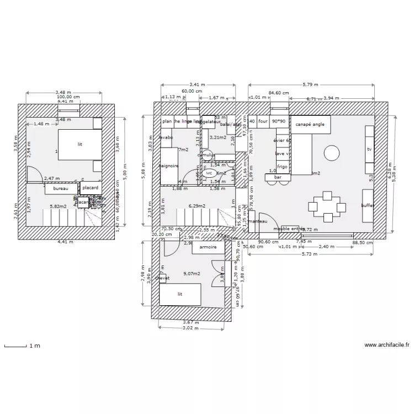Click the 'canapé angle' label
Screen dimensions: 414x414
click(310, 124)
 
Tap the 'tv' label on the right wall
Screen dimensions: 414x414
click(369, 150)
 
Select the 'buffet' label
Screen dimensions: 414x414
click(368, 205)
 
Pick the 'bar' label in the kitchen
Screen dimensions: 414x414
click(278, 177)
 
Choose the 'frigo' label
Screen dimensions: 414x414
click(282, 166)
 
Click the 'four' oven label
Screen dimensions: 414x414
click(263, 121)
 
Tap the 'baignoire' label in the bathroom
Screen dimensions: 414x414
click(168, 165)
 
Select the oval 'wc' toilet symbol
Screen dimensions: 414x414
click(209, 173)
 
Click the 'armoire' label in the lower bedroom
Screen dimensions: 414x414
click(208, 248)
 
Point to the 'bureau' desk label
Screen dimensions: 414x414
click(60, 189)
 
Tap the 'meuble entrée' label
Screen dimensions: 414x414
click(289, 229)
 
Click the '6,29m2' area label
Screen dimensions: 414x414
click(197, 206)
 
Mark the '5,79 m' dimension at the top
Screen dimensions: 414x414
click(310, 84)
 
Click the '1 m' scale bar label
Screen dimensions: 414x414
click(34, 346)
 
